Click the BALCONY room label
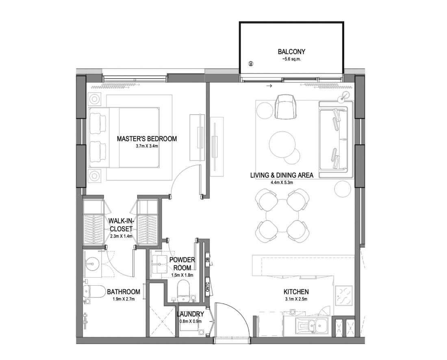click(x=291, y=52)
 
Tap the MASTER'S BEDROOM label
click(x=147, y=139)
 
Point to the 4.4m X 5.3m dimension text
click(x=282, y=182)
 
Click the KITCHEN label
click(x=296, y=292)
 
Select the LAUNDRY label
click(x=191, y=314)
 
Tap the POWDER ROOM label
click(x=182, y=264)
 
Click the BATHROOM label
click(x=124, y=292)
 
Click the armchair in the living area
click(x=285, y=107)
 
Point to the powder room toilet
click(x=184, y=291)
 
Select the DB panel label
click(x=208, y=260)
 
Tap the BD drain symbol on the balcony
click(x=251, y=63)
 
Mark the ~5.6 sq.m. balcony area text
click(x=291, y=59)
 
